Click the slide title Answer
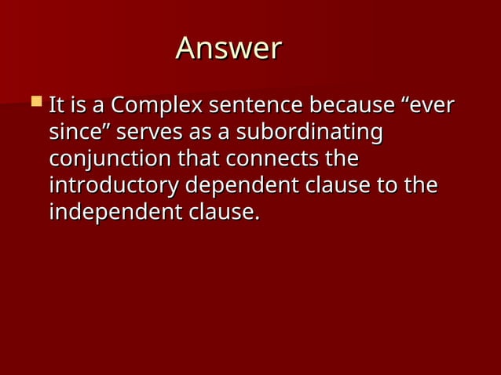point(229,49)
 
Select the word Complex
point(156,105)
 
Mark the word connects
point(272,159)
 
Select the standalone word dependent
point(241,186)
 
